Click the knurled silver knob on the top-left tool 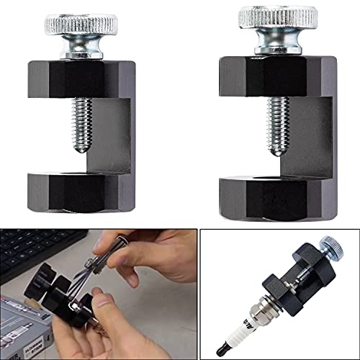80,26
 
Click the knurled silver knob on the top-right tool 277,20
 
